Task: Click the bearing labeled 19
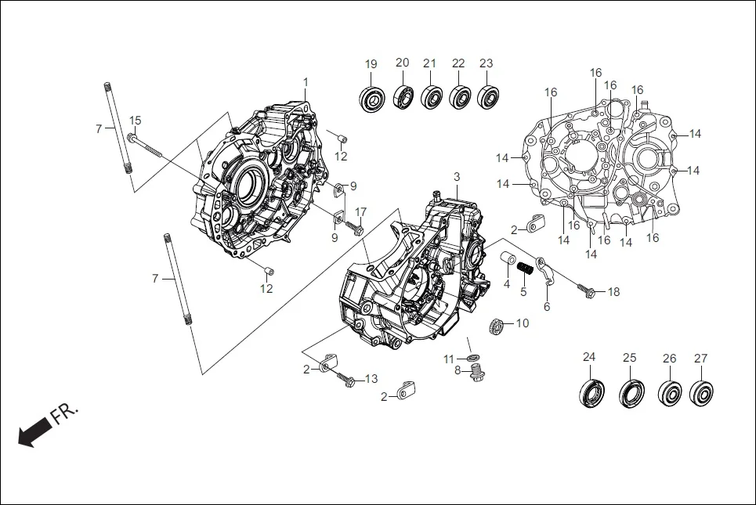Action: [x=371, y=98]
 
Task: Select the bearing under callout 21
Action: [x=430, y=97]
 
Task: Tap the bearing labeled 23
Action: [x=489, y=97]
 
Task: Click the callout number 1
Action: [x=306, y=82]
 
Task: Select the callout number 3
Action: [x=457, y=177]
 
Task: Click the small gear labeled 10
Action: [x=495, y=325]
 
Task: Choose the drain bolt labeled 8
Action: [x=475, y=376]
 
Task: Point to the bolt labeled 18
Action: [x=587, y=292]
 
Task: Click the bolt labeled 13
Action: [x=347, y=380]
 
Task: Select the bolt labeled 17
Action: [x=353, y=229]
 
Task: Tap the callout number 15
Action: [x=136, y=121]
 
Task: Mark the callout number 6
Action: [x=547, y=307]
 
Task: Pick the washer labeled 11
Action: [x=474, y=358]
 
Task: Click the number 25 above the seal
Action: [x=629, y=358]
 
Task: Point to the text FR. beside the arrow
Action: [x=64, y=413]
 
